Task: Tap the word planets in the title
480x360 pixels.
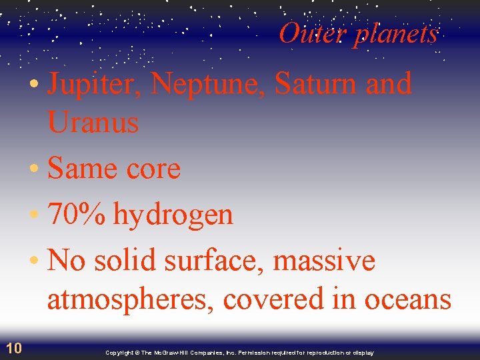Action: pyautogui.click(x=396, y=35)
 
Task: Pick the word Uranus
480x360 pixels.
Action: pyautogui.click(x=93, y=123)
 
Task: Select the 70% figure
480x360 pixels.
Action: pyautogui.click(x=76, y=215)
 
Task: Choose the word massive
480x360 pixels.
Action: pyautogui.click(x=324, y=261)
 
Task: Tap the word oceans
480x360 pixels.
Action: pyautogui.click(x=409, y=300)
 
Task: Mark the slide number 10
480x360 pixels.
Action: pyautogui.click(x=14, y=347)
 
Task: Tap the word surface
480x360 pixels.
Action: pyautogui.click(x=210, y=261)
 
